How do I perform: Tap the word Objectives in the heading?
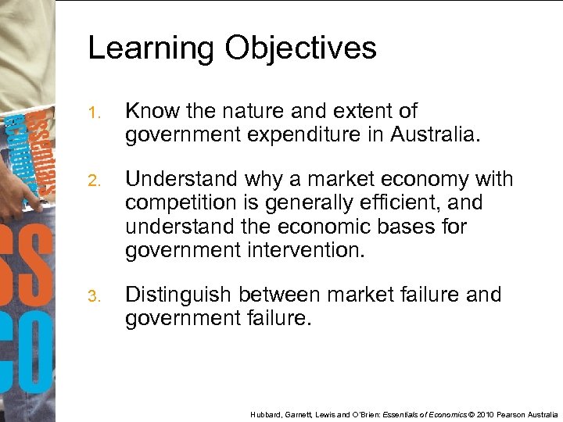click(301, 48)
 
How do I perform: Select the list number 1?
click(92, 114)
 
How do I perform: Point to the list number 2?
click(92, 182)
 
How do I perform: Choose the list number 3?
click(92, 297)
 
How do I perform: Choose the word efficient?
click(399, 203)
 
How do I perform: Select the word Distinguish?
click(178, 295)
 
